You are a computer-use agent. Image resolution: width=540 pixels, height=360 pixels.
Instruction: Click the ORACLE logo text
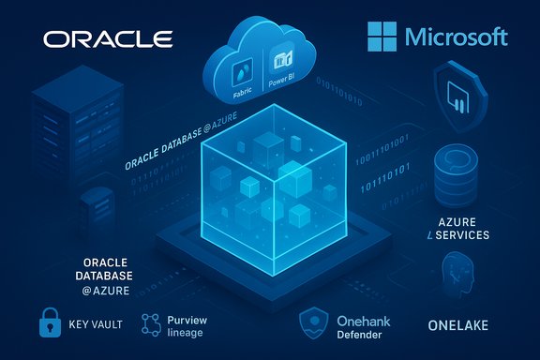109,39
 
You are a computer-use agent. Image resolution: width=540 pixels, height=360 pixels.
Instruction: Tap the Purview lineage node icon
152,325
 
